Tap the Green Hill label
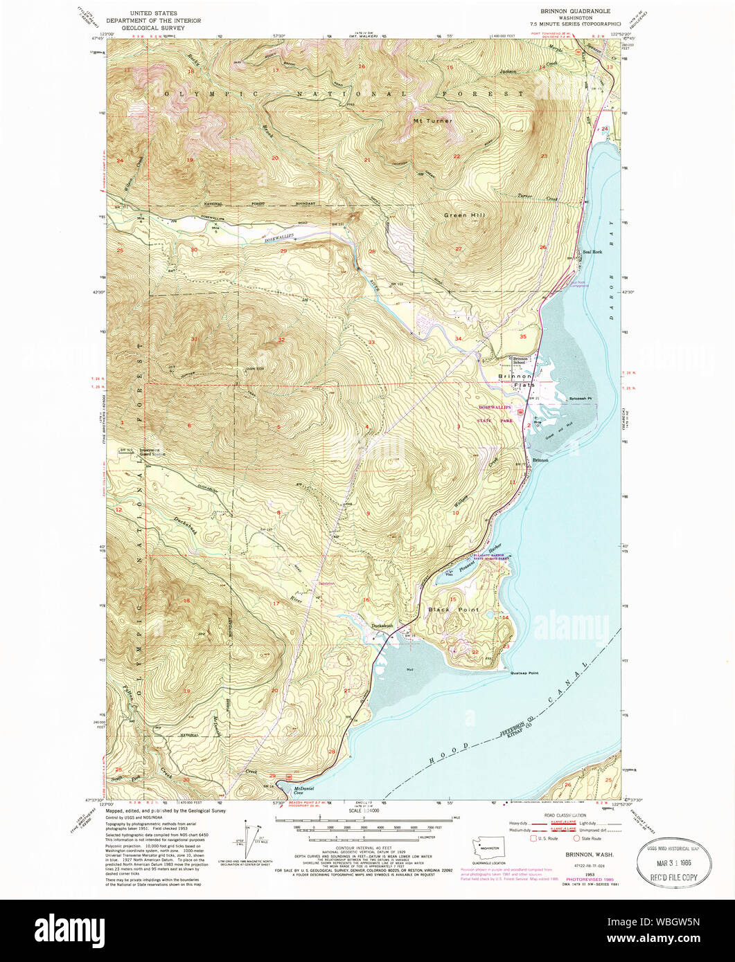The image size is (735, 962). tap(464, 215)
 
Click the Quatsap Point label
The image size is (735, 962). tap(524, 673)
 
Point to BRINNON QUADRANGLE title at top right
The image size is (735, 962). tap(576, 12)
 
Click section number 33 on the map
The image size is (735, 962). tap(371, 343)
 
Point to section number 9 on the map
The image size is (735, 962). tap(368, 513)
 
